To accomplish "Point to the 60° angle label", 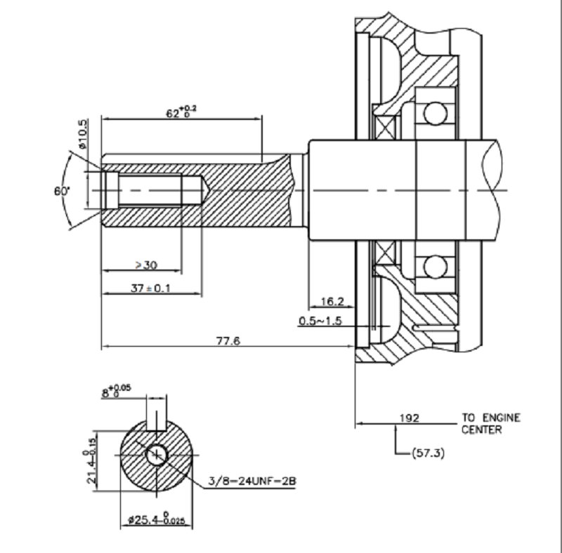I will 62,191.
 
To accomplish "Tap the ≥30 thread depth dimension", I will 145,265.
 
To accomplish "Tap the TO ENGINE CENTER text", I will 491,423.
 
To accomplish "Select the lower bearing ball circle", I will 435,266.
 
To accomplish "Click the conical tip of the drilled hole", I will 198,190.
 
